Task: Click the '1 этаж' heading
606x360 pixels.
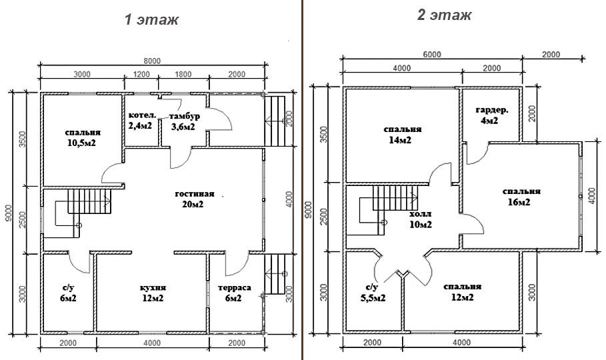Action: pos(151,19)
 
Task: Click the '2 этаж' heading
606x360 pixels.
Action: pos(444,15)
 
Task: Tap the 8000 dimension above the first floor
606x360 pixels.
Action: pos(152,61)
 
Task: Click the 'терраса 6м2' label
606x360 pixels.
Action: pos(234,293)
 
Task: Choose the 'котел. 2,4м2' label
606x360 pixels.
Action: pos(142,120)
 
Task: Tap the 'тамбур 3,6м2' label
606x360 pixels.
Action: pos(183,121)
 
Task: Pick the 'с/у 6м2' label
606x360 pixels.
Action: pos(68,293)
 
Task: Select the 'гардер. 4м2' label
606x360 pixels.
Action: pos(491,115)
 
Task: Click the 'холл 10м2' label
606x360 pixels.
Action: pos(420,219)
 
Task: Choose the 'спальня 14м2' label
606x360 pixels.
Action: pos(402,134)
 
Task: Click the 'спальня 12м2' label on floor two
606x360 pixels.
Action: pos(462,292)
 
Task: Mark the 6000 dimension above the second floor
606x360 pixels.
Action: pos(432,55)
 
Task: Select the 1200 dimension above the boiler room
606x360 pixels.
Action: pos(141,74)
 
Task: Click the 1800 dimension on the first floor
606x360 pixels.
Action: pos(183,74)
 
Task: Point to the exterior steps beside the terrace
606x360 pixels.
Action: pos(275,274)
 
